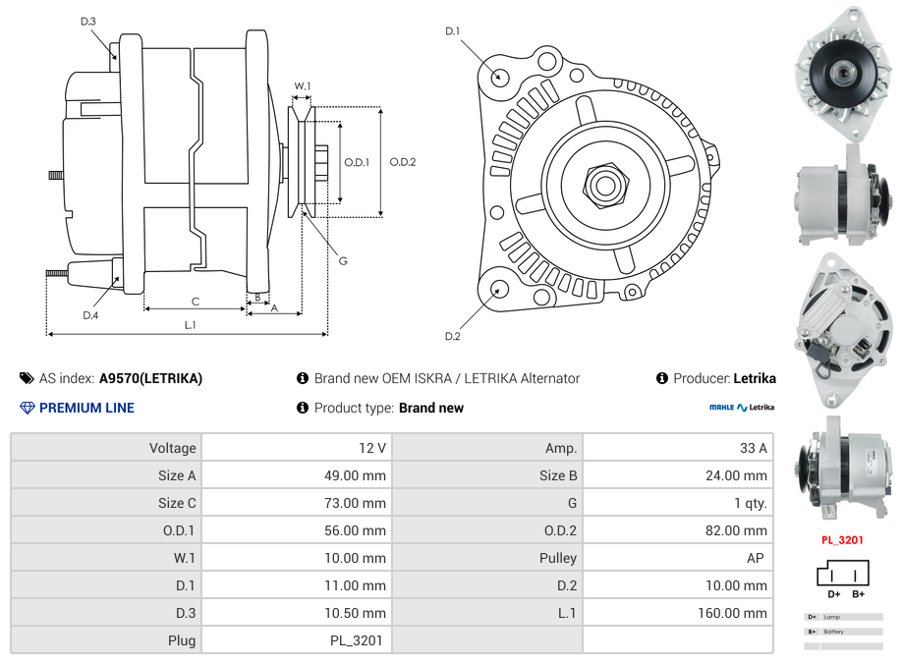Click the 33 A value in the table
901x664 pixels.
(753, 448)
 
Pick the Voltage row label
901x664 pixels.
(172, 448)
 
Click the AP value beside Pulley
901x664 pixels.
(758, 558)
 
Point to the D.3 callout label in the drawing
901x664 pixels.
(87, 21)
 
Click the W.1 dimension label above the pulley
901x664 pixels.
(303, 86)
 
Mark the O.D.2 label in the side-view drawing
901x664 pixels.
(402, 162)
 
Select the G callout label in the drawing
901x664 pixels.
(343, 260)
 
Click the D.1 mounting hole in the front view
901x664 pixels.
(498, 76)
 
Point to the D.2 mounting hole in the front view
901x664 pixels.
(498, 289)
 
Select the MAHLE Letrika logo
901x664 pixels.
(742, 408)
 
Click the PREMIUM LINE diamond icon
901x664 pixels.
(27, 408)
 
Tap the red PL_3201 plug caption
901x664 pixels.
(842, 539)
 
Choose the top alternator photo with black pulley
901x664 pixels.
(842, 72)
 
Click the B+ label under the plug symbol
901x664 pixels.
(858, 594)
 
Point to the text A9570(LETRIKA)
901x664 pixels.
(150, 378)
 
